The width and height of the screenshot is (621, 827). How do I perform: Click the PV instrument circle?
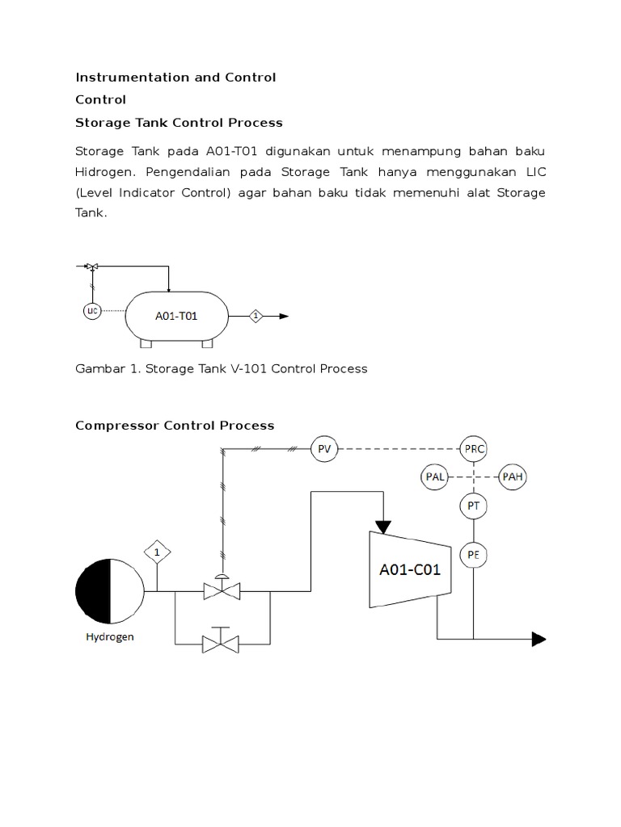325,449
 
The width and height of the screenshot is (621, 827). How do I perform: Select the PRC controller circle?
474,449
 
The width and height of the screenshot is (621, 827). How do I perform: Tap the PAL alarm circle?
434,476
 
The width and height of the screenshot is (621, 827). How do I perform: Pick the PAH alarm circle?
513,476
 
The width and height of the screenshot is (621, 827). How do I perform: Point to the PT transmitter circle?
474,506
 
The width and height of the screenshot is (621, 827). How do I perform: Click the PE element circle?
474,555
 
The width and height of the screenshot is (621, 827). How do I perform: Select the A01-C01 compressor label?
410,570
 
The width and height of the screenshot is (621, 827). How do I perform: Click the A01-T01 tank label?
176,317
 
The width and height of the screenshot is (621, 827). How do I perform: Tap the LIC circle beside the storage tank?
91,311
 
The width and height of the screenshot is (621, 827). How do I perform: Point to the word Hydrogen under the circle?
110,637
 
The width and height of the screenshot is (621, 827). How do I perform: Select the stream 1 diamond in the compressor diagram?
158,552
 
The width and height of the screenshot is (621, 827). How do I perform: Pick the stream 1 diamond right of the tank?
256,317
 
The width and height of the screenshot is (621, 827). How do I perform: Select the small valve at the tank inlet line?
92,266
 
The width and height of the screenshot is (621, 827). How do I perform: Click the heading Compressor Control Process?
175,426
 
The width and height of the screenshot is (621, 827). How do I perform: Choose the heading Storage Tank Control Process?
179,123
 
